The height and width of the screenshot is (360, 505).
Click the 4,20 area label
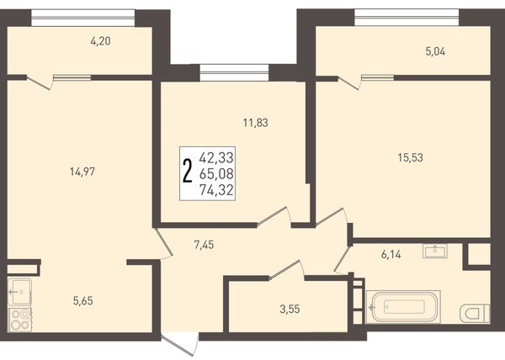tap(101, 41)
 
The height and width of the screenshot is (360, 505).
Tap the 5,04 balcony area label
tap(435, 51)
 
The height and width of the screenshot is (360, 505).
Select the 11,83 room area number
tap(255, 123)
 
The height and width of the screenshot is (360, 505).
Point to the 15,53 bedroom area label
tap(411, 157)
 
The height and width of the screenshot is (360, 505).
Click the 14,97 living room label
tap(82, 172)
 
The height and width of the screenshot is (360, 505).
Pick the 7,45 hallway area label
tap(204, 245)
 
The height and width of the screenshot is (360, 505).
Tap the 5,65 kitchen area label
tap(83, 301)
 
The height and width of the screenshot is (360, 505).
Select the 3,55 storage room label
tap(290, 310)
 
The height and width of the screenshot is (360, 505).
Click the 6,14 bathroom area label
tap(391, 255)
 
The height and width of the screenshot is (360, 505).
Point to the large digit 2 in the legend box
tap(188, 172)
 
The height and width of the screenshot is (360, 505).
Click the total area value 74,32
tap(216, 190)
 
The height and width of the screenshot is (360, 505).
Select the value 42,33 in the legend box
tap(216, 158)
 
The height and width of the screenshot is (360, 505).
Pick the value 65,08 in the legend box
tap(216, 174)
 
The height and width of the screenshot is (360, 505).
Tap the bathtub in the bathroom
tap(403, 307)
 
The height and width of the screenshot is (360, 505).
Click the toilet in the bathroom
tap(475, 314)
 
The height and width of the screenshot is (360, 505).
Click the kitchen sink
tap(19, 292)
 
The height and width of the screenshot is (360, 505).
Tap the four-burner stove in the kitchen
tap(20, 320)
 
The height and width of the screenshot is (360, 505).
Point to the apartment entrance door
tap(179, 346)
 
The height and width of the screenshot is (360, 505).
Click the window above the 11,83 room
tap(234, 72)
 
